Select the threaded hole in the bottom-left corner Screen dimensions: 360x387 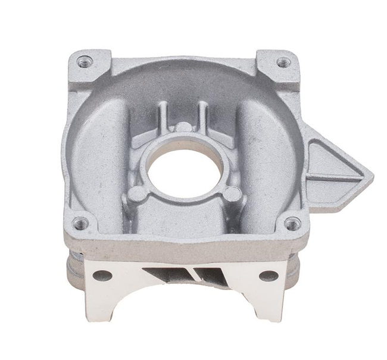click(80, 223)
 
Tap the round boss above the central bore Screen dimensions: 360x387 click(183, 127)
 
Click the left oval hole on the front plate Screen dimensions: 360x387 click(102, 275)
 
